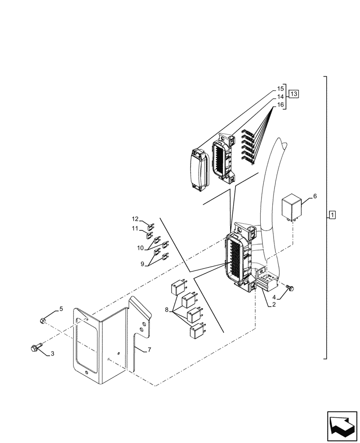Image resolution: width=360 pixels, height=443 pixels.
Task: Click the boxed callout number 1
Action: pos(333,215)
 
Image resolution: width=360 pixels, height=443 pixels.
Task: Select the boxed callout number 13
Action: pos(294,93)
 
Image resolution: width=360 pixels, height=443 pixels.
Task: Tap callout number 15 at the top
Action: pos(280,89)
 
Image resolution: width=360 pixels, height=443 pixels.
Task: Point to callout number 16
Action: pos(280,105)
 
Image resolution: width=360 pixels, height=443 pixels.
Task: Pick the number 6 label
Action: pos(315,196)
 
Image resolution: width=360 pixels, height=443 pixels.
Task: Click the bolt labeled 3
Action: pos(35,348)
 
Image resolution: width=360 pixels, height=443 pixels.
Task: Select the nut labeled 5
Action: pos(43,320)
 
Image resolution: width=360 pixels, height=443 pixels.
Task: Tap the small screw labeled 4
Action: pos(291,288)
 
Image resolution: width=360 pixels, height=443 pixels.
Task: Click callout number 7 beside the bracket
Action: pos(149,350)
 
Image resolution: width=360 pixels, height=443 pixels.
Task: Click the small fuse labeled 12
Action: pos(151,225)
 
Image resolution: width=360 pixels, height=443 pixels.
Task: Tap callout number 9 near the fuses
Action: pos(142,264)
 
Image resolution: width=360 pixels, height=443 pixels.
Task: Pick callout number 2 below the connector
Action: pos(274,305)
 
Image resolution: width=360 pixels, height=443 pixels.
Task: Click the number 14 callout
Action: pos(280,97)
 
